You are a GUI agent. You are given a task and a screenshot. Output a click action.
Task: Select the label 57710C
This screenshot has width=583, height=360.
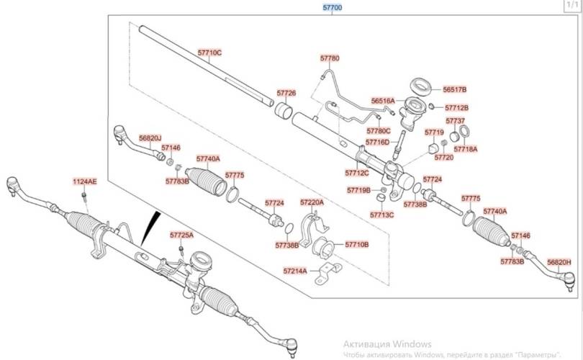tap(210, 53)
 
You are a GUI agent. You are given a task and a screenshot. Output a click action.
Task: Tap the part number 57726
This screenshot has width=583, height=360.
tap(286, 94)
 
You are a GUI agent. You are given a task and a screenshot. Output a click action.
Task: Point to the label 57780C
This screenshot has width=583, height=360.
tap(378, 131)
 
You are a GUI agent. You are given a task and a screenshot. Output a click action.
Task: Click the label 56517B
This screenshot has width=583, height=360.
tap(455, 89)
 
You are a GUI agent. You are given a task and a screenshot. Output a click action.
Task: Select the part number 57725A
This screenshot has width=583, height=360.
tap(181, 235)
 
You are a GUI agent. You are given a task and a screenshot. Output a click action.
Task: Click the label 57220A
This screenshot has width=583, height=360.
tap(312, 203)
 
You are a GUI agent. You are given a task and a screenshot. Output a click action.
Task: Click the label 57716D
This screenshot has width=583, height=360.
tap(377, 143)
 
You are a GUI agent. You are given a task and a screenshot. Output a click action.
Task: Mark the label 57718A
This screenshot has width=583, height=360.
tap(465, 148)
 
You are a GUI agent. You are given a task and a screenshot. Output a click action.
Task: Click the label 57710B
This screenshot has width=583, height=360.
tap(357, 245)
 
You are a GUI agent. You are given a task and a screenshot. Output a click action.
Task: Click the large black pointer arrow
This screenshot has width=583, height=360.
tap(150, 228)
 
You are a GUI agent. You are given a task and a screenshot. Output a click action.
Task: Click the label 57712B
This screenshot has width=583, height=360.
tap(456, 107)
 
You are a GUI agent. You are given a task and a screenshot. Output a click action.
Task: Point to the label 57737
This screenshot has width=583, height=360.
tap(455, 121)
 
